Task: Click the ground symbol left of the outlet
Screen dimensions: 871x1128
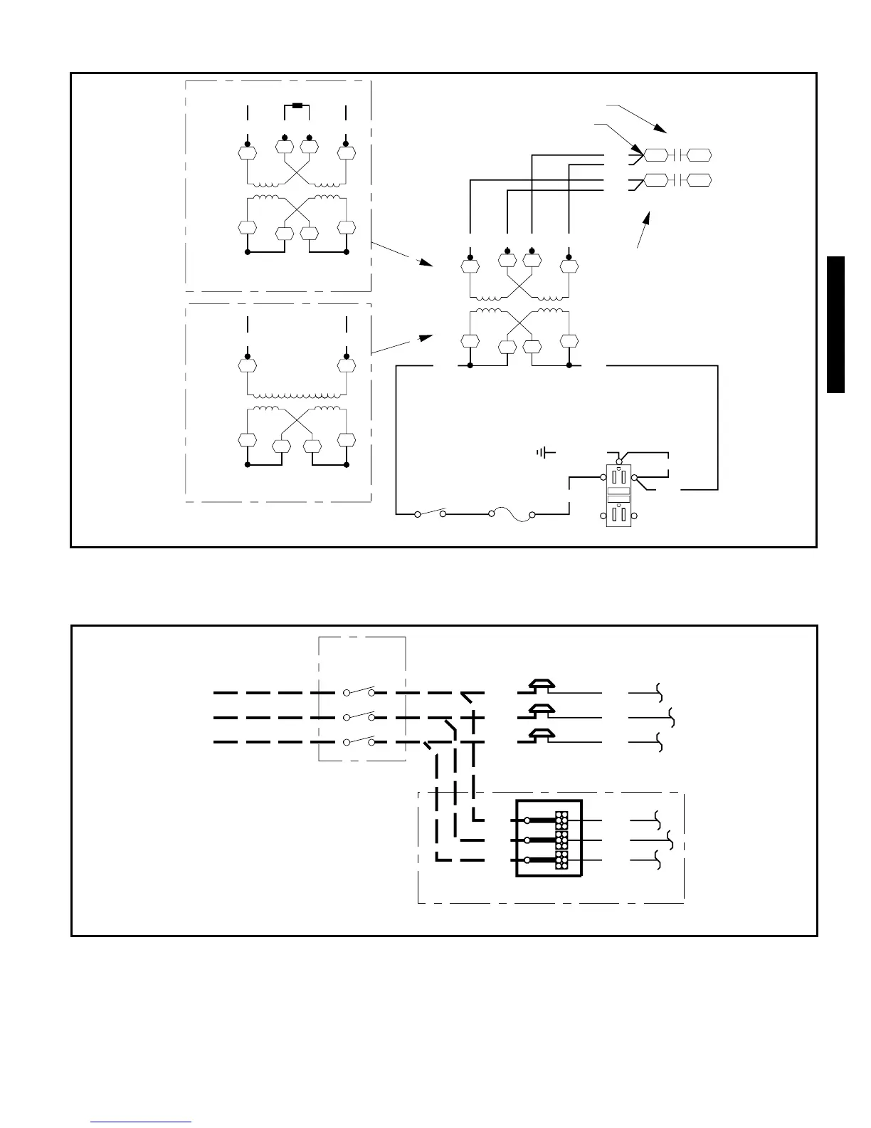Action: (x=546, y=452)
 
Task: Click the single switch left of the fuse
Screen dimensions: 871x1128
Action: (x=430, y=512)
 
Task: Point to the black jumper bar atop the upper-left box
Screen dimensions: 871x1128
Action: (x=297, y=106)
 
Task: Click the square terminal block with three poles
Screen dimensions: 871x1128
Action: (x=548, y=839)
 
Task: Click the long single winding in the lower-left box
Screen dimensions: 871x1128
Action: (x=297, y=395)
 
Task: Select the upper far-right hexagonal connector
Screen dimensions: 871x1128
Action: (x=700, y=155)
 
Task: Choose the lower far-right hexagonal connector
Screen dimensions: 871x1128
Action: (x=700, y=180)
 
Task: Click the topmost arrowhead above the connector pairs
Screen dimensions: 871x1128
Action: (x=662, y=131)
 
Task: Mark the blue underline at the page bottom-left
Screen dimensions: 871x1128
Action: (x=141, y=1122)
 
